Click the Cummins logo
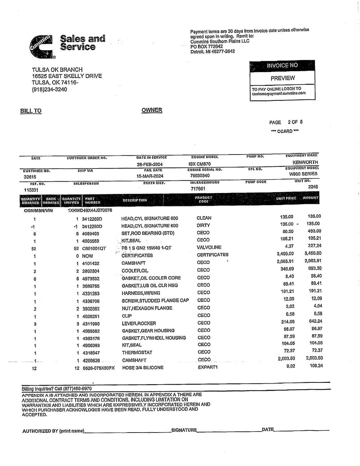[41, 46]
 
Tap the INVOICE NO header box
[282, 66]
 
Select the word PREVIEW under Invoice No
[283, 78]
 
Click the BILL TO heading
[31, 111]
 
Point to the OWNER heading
[152, 110]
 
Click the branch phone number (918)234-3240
[49, 89]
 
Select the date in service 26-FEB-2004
[150, 164]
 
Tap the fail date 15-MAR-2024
[150, 176]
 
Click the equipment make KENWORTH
[305, 162]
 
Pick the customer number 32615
[30, 177]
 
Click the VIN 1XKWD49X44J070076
[90, 210]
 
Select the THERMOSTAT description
[137, 353]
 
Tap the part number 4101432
[90, 263]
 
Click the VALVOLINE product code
[209, 247]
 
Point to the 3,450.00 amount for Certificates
[313, 254]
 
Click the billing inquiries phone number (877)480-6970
[77, 389]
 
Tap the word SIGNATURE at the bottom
[184, 430]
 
